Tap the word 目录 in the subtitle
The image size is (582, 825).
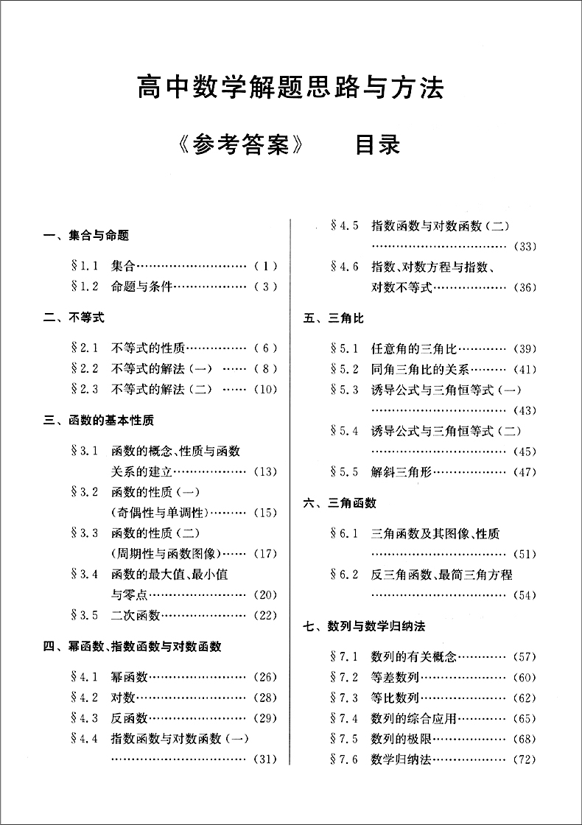[x=377, y=144]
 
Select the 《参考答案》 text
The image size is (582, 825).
[x=241, y=144]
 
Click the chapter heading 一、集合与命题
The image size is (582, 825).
[x=86, y=236]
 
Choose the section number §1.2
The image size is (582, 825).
[x=85, y=287]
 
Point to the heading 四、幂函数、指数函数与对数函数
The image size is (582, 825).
[x=133, y=647]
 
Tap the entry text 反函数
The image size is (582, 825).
[x=130, y=717]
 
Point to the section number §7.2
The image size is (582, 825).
[x=345, y=677]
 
